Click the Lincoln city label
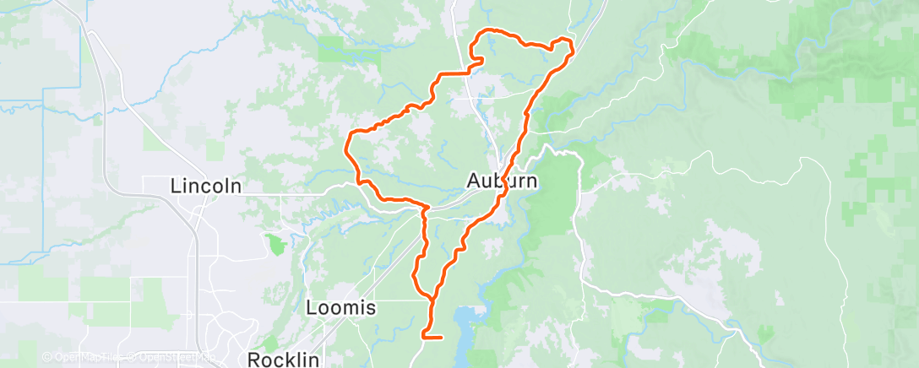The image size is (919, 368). (206, 186)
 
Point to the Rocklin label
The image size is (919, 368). (284, 360)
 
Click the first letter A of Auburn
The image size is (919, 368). (475, 181)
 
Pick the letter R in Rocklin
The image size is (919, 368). (255, 360)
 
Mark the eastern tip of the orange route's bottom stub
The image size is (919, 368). (442, 338)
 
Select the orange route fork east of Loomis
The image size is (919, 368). (432, 299)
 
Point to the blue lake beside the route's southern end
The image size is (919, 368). (467, 321)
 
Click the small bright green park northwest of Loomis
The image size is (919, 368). (275, 246)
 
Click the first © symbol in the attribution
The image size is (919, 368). (47, 358)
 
